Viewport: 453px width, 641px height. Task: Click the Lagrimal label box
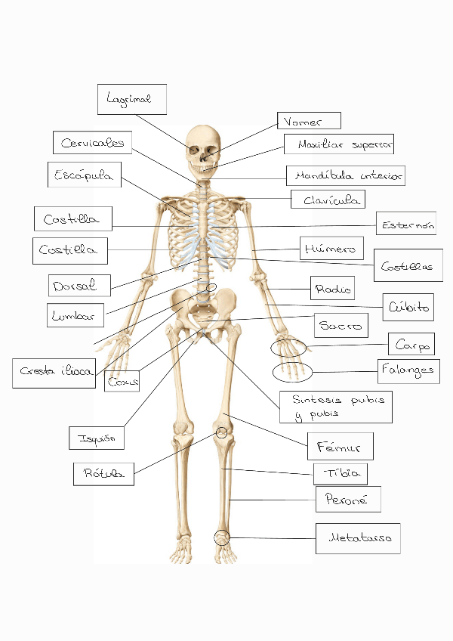tap(131, 99)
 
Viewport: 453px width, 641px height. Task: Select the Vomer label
tap(310, 121)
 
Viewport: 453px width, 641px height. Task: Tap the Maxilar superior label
tap(339, 144)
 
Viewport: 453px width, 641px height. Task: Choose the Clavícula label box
tap(328, 200)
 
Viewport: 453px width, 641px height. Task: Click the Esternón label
tap(406, 224)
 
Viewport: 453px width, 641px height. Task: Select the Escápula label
tap(83, 175)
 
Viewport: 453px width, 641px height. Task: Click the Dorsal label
tap(80, 285)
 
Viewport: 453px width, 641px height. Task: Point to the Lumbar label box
tap(75, 315)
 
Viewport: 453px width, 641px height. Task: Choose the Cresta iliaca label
tap(57, 372)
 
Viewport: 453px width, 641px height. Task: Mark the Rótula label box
tap(103, 474)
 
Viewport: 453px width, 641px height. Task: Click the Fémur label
tap(341, 446)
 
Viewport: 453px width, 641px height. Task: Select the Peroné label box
tap(348, 499)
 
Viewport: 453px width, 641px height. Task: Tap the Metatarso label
tap(358, 538)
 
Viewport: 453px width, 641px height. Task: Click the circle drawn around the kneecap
tap(222, 432)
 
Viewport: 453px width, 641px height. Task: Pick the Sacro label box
tap(341, 326)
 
